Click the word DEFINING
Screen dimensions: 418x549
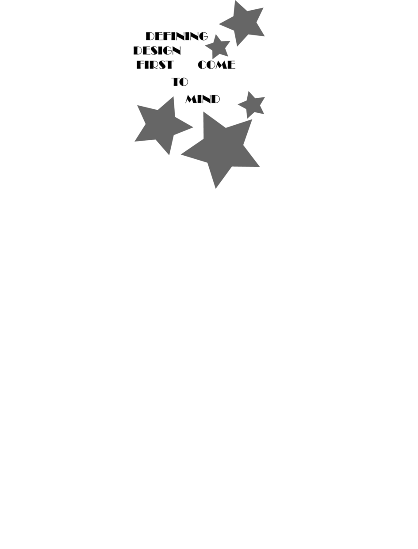176,36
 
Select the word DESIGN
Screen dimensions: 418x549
157,50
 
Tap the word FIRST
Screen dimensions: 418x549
155,65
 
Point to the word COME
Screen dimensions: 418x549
216,65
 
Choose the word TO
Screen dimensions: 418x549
180,82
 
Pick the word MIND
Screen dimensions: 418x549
203,99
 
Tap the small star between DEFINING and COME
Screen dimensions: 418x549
218,47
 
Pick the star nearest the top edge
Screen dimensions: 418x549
242,24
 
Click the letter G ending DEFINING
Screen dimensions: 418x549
203,36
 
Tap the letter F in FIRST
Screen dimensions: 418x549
139,65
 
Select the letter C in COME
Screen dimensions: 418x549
202,65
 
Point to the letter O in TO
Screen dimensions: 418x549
184,82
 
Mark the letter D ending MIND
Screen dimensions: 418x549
216,99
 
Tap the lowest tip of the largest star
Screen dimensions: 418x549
216,188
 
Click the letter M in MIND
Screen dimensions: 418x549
191,99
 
